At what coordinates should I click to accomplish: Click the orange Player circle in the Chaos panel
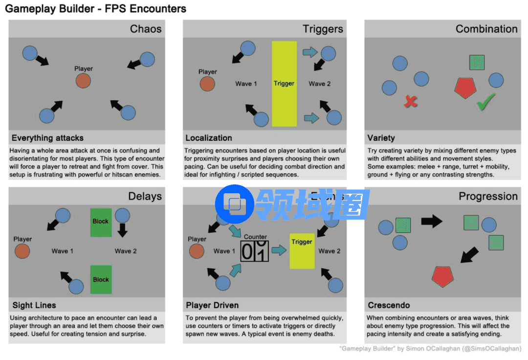[x=83, y=81]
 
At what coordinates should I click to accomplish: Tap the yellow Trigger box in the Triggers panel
[x=284, y=84]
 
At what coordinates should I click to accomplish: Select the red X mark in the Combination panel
[x=411, y=101]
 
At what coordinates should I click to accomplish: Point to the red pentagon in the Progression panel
[x=443, y=276]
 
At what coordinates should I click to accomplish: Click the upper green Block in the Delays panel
[x=101, y=221]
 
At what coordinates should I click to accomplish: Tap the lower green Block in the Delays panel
[x=101, y=279]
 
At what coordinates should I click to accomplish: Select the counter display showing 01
[x=255, y=251]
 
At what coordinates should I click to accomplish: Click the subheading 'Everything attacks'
[x=47, y=138]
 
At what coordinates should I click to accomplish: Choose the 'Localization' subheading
[x=209, y=138]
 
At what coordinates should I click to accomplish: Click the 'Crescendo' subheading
[x=389, y=305]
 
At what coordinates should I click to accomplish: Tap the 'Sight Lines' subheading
[x=34, y=305]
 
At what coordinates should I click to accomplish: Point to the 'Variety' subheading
[x=381, y=138]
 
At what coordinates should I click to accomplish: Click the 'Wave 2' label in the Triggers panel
[x=320, y=84]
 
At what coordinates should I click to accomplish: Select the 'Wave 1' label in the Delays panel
[x=63, y=251]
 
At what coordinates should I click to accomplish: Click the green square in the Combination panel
[x=477, y=62]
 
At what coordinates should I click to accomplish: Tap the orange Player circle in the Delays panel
[x=22, y=251]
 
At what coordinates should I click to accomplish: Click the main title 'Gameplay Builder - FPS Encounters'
[x=96, y=9]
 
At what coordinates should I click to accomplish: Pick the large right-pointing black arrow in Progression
[x=431, y=222]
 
